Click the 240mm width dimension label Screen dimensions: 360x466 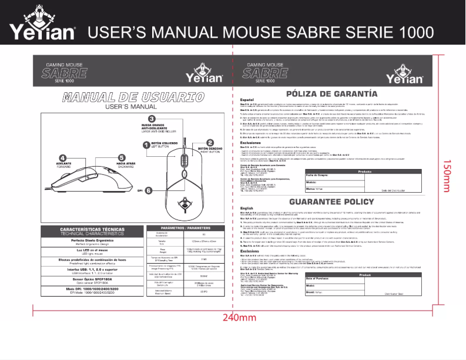(x=239, y=318)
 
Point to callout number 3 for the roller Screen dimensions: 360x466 (x=151, y=118)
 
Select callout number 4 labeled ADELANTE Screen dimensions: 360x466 (x=62, y=157)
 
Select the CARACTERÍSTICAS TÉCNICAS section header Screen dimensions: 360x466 (x=90, y=231)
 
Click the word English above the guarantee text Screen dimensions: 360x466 (x=247, y=207)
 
